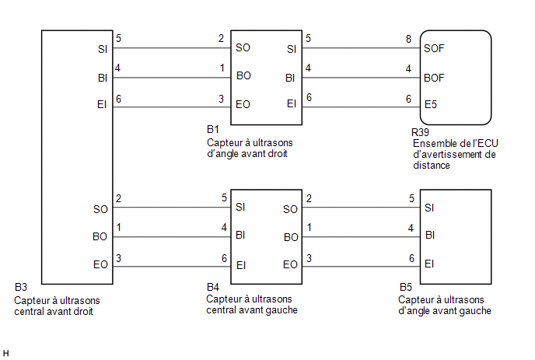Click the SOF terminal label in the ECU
[434, 48]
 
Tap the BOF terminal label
[434, 78]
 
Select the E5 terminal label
[431, 104]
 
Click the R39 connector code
[420, 132]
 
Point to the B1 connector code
[213, 129]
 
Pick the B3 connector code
[21, 287]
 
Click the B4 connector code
[213, 287]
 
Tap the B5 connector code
[406, 287]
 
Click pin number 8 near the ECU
[408, 39]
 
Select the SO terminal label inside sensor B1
[243, 47]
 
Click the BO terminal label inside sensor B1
[243, 75]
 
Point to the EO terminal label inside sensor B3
[100, 265]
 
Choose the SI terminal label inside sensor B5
[429, 208]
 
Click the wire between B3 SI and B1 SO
[172, 47]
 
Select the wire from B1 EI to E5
[361, 107]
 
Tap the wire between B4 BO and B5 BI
[361, 237]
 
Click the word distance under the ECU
[432, 166]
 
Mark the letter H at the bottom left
[5, 354]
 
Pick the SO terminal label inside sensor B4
[290, 209]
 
